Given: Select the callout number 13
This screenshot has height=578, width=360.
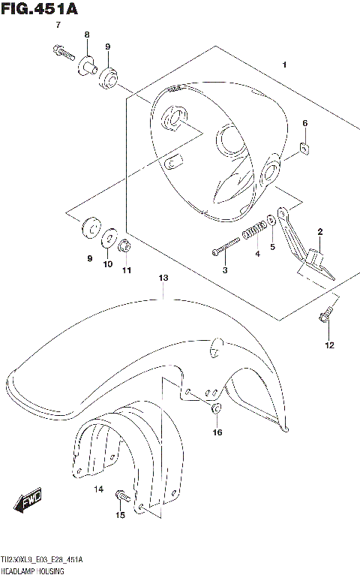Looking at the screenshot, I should coord(163,278).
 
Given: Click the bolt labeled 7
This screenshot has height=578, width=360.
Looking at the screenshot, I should coord(61,53).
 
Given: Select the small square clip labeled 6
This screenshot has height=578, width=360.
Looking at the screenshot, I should coord(304,147).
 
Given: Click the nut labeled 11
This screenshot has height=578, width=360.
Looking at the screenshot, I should coord(126,245).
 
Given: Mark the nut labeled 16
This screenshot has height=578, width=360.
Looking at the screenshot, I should coord(216,409).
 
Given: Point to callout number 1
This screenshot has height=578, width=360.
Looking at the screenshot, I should coord(284,66).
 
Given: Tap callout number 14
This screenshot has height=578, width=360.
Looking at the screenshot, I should coord(97,489).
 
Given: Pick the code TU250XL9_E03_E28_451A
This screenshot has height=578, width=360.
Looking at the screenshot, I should coord(42,561).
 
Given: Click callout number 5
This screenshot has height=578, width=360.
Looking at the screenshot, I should coord(272,246).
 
